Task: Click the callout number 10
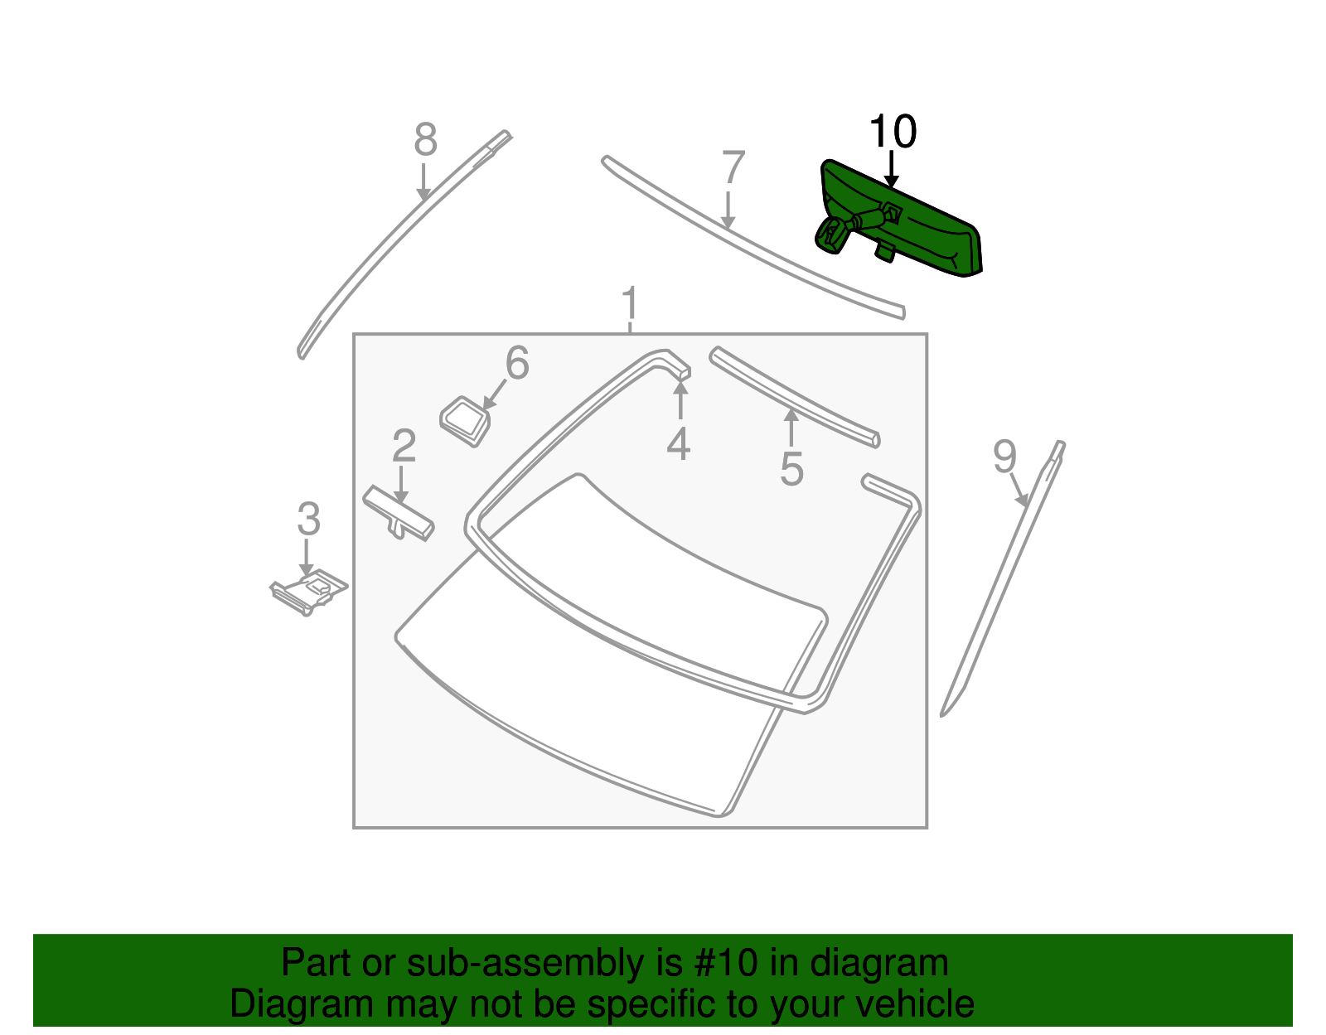pos(893,131)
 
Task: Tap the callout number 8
pos(425,139)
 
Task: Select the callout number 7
pos(733,167)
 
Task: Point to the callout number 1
pos(630,303)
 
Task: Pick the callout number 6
pos(517,362)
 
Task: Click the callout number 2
pos(404,445)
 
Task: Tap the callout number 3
pos(308,519)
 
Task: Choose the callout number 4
pos(679,443)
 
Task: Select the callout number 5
pos(791,469)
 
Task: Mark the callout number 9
pos(1004,456)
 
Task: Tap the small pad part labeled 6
pos(465,421)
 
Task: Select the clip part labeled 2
pos(398,513)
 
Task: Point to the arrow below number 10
pos(892,170)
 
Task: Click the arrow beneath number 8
pos(423,181)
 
